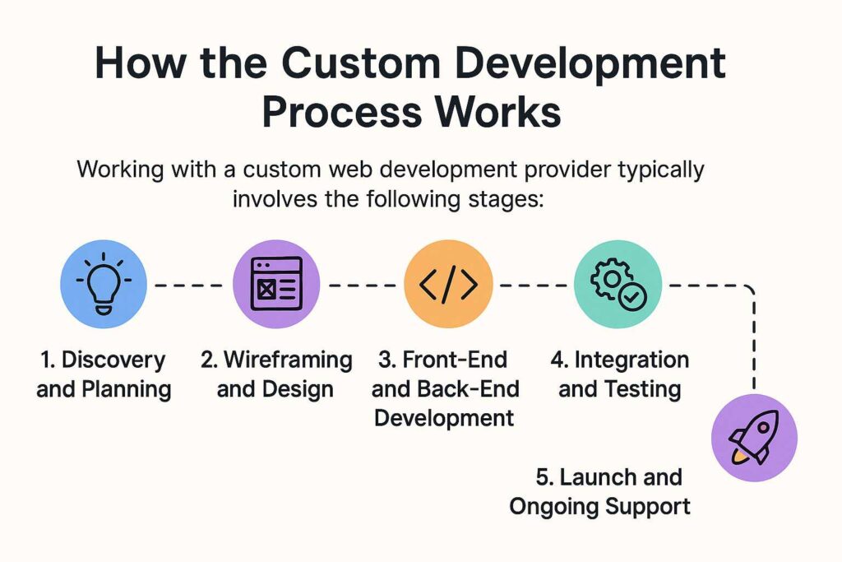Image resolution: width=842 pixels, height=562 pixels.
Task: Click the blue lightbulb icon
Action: (x=103, y=284)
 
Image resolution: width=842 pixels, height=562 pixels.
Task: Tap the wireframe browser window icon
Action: (x=276, y=284)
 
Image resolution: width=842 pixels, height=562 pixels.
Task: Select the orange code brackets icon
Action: (x=448, y=284)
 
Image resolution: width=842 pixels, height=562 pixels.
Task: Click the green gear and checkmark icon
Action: (x=618, y=284)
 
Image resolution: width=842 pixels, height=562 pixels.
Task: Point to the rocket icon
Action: (x=754, y=438)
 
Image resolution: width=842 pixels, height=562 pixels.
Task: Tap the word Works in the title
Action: (x=497, y=112)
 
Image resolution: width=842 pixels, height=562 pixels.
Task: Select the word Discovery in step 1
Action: (x=113, y=360)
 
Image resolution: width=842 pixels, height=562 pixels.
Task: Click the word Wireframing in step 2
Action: (x=287, y=360)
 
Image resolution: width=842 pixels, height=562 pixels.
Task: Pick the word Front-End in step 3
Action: (x=455, y=360)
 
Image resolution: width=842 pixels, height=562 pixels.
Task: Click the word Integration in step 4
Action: (x=631, y=360)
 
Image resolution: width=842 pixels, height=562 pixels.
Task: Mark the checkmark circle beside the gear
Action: (x=632, y=296)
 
